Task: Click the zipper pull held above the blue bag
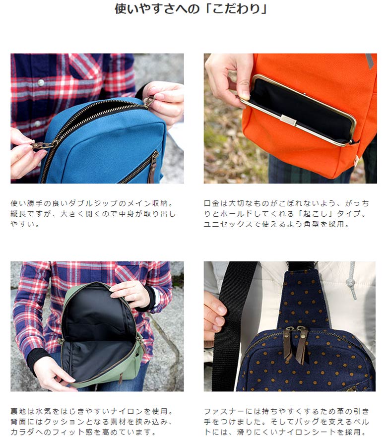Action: point(148,101)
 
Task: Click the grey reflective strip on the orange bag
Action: point(370,62)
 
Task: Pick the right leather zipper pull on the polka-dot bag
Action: point(301,345)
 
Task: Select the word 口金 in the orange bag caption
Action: point(211,203)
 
